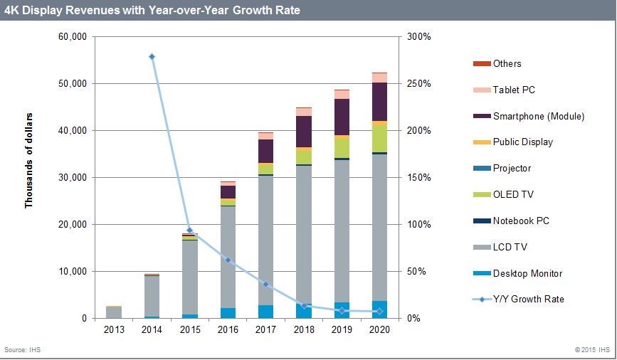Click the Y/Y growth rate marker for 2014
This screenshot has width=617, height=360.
click(152, 57)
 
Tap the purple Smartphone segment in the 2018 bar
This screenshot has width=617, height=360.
click(304, 131)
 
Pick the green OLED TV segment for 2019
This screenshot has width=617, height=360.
click(342, 147)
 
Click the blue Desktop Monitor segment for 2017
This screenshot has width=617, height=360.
click(265, 312)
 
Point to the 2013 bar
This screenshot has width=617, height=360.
click(114, 312)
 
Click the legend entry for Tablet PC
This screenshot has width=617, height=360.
click(513, 90)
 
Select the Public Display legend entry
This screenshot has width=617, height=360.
click(522, 142)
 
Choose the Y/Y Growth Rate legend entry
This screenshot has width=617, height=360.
click(527, 300)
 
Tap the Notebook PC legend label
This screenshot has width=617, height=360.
click(520, 221)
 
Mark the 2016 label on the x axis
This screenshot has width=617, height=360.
click(228, 330)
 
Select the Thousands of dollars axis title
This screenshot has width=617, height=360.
click(29, 160)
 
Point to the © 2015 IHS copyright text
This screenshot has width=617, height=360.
click(592, 350)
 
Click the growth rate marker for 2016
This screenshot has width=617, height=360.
click(228, 260)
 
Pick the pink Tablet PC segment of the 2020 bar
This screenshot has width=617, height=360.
click(379, 78)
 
